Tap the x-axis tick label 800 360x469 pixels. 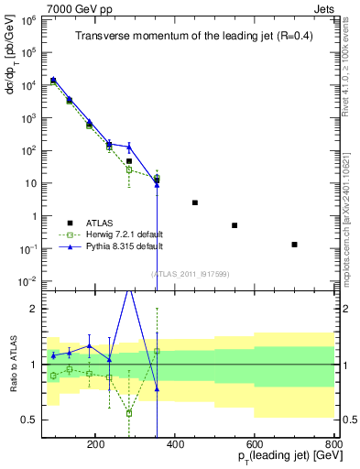pyautogui.click(x=333, y=442)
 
